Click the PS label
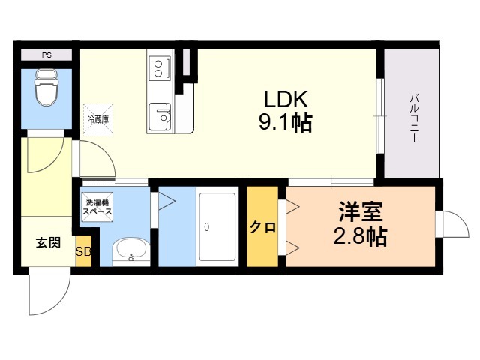point(46,55)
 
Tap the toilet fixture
point(46,88)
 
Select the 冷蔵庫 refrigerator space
point(98,120)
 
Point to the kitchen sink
point(160,117)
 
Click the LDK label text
point(286,99)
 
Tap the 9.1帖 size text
point(286,122)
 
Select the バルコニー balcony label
point(414,118)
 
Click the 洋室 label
point(360,211)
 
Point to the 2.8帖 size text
point(360,236)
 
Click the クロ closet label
point(263,227)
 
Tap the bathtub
point(217,226)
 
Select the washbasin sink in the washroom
point(131,252)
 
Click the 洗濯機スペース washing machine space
point(98,207)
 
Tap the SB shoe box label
point(83,252)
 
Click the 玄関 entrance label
point(48,243)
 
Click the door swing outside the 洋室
point(462,217)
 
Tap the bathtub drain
point(207,226)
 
